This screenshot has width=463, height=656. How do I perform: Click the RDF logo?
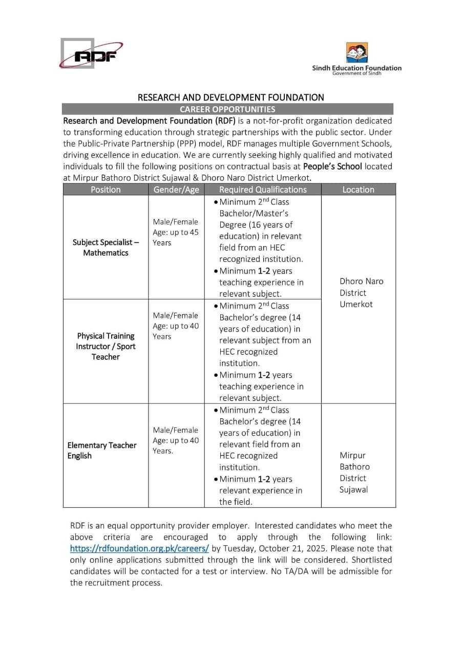(91, 54)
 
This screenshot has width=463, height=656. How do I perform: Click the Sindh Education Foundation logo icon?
(357, 53)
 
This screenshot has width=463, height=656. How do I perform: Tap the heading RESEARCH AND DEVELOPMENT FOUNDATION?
(231, 97)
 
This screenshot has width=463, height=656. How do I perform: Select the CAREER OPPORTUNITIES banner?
(227, 109)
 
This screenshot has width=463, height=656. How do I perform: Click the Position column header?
(106, 190)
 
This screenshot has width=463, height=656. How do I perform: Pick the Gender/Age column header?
(176, 190)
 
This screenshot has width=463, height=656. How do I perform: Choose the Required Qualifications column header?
(262, 190)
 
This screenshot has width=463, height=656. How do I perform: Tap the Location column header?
(358, 190)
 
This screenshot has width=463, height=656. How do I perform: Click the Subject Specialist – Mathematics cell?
(106, 248)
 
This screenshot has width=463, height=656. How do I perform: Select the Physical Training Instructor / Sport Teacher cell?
(106, 346)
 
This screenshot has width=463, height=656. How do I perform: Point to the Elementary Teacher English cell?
(102, 450)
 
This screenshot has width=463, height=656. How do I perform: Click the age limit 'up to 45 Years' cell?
(175, 237)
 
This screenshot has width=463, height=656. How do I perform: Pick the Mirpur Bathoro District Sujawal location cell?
(354, 473)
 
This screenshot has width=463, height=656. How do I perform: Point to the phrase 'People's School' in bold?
(332, 167)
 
